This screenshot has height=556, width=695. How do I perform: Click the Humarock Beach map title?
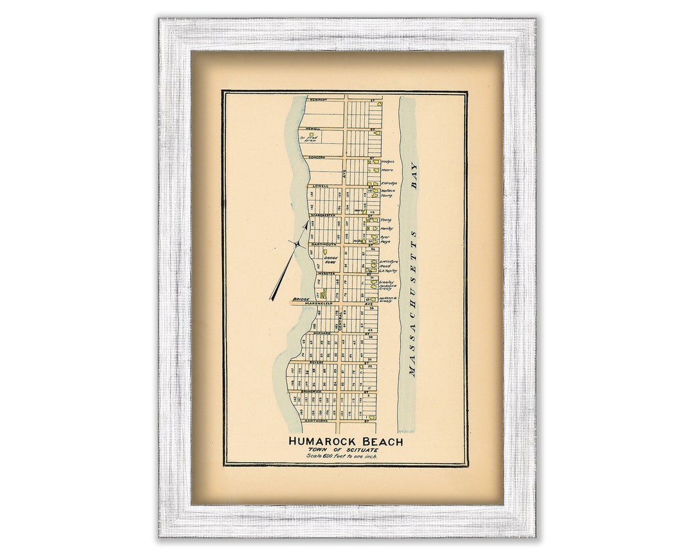click(346, 441)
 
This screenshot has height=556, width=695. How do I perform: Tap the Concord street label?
click(317, 157)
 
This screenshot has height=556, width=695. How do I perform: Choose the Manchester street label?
click(318, 215)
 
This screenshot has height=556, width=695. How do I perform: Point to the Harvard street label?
click(322, 333)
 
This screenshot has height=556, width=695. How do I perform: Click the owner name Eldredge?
click(389, 183)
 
